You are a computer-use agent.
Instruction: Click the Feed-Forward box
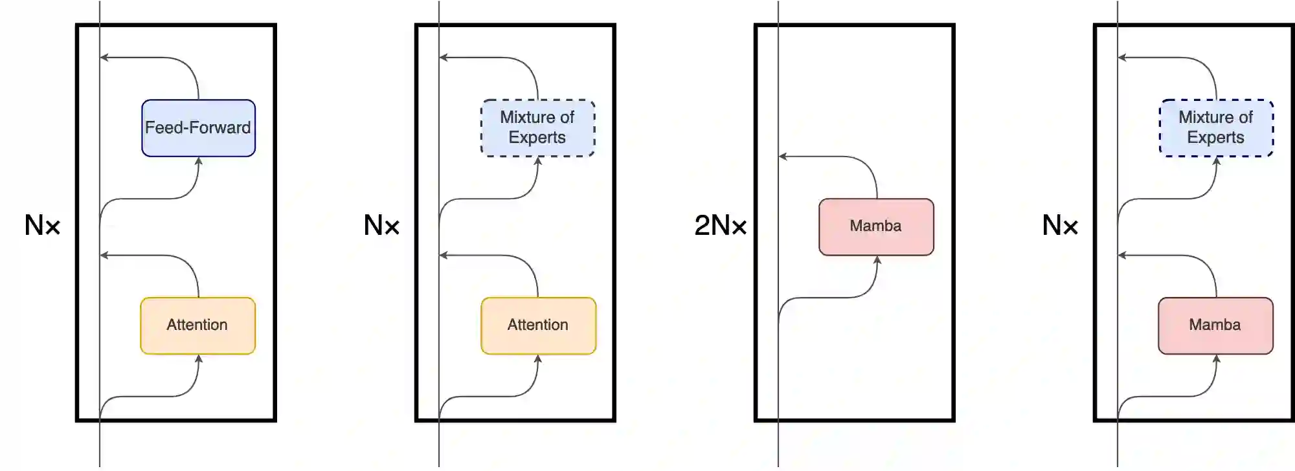(198, 128)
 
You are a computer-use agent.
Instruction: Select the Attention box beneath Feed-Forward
(198, 325)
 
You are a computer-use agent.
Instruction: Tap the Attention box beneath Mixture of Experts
(538, 325)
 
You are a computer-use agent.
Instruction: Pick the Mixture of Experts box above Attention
(537, 127)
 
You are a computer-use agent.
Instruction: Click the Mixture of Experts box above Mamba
(1216, 127)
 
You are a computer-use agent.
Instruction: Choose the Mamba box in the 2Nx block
(876, 226)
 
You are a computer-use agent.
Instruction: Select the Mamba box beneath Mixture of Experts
(1215, 325)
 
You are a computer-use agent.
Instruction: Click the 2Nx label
(720, 226)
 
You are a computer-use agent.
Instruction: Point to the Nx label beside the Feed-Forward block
(42, 226)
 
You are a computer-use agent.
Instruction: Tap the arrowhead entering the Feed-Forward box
(199, 161)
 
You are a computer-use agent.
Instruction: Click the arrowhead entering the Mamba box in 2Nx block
(877, 260)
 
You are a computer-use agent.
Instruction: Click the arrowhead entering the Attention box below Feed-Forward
(199, 359)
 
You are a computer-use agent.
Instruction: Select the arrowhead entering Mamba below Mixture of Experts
(1216, 359)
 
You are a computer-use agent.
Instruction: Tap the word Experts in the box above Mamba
(1215, 138)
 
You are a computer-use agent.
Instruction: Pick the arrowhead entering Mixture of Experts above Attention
(538, 161)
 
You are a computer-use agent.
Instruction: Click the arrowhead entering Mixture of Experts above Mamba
(1217, 161)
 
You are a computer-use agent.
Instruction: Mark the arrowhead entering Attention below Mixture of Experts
(538, 359)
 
